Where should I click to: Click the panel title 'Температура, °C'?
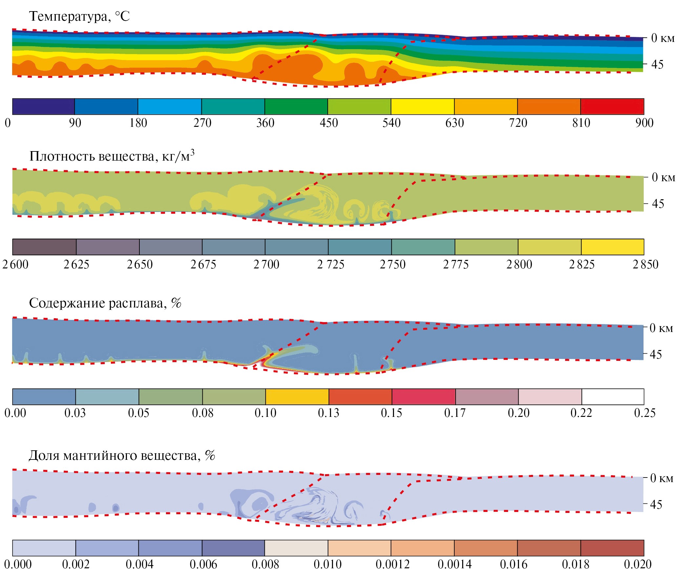[79, 16]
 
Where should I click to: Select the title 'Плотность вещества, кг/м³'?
[112, 156]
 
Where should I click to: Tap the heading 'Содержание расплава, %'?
[105, 303]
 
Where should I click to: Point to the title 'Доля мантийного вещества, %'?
[122, 455]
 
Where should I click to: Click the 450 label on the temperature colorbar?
[329, 123]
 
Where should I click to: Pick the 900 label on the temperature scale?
[644, 123]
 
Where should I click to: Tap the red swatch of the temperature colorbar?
[612, 107]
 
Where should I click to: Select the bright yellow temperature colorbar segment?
[422, 107]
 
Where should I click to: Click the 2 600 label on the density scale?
[15, 264]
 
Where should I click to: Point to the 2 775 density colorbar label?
[456, 264]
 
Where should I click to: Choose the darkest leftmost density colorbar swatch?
[44, 247]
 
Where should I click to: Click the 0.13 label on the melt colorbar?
[328, 413]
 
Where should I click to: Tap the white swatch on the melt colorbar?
[613, 397]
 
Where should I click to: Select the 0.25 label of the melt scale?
[645, 413]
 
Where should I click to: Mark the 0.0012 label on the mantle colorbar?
[393, 564]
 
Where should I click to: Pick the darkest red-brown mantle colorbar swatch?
[612, 548]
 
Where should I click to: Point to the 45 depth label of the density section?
[658, 204]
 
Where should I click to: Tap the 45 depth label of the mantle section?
[656, 504]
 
